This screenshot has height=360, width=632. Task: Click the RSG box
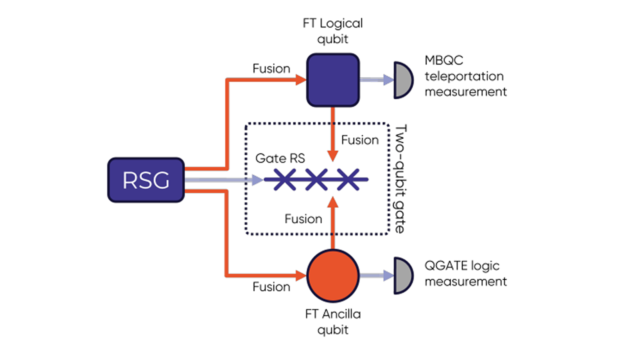(x=146, y=180)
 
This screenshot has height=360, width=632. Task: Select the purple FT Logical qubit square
(x=333, y=80)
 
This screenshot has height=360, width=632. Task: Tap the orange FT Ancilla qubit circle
(x=333, y=275)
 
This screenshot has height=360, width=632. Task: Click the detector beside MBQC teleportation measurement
(x=403, y=80)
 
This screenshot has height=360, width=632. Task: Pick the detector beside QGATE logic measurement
(x=403, y=275)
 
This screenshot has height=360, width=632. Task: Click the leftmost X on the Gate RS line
(x=284, y=180)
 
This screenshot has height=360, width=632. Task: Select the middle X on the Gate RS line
(x=316, y=180)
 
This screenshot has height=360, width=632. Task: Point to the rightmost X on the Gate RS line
(x=348, y=180)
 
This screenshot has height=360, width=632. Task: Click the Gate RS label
(x=280, y=158)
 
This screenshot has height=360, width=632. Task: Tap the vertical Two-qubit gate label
(x=400, y=179)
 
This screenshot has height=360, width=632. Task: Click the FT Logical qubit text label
(x=333, y=31)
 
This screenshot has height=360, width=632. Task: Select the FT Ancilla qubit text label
(x=333, y=322)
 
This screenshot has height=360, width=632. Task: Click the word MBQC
(x=444, y=60)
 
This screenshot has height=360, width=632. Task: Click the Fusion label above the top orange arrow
(x=271, y=69)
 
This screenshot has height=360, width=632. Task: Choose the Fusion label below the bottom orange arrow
(x=271, y=287)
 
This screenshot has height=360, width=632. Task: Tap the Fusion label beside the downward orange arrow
(x=360, y=140)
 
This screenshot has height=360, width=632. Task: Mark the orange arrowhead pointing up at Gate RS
(x=333, y=203)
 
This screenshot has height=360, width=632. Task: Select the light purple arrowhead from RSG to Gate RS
(x=258, y=180)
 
